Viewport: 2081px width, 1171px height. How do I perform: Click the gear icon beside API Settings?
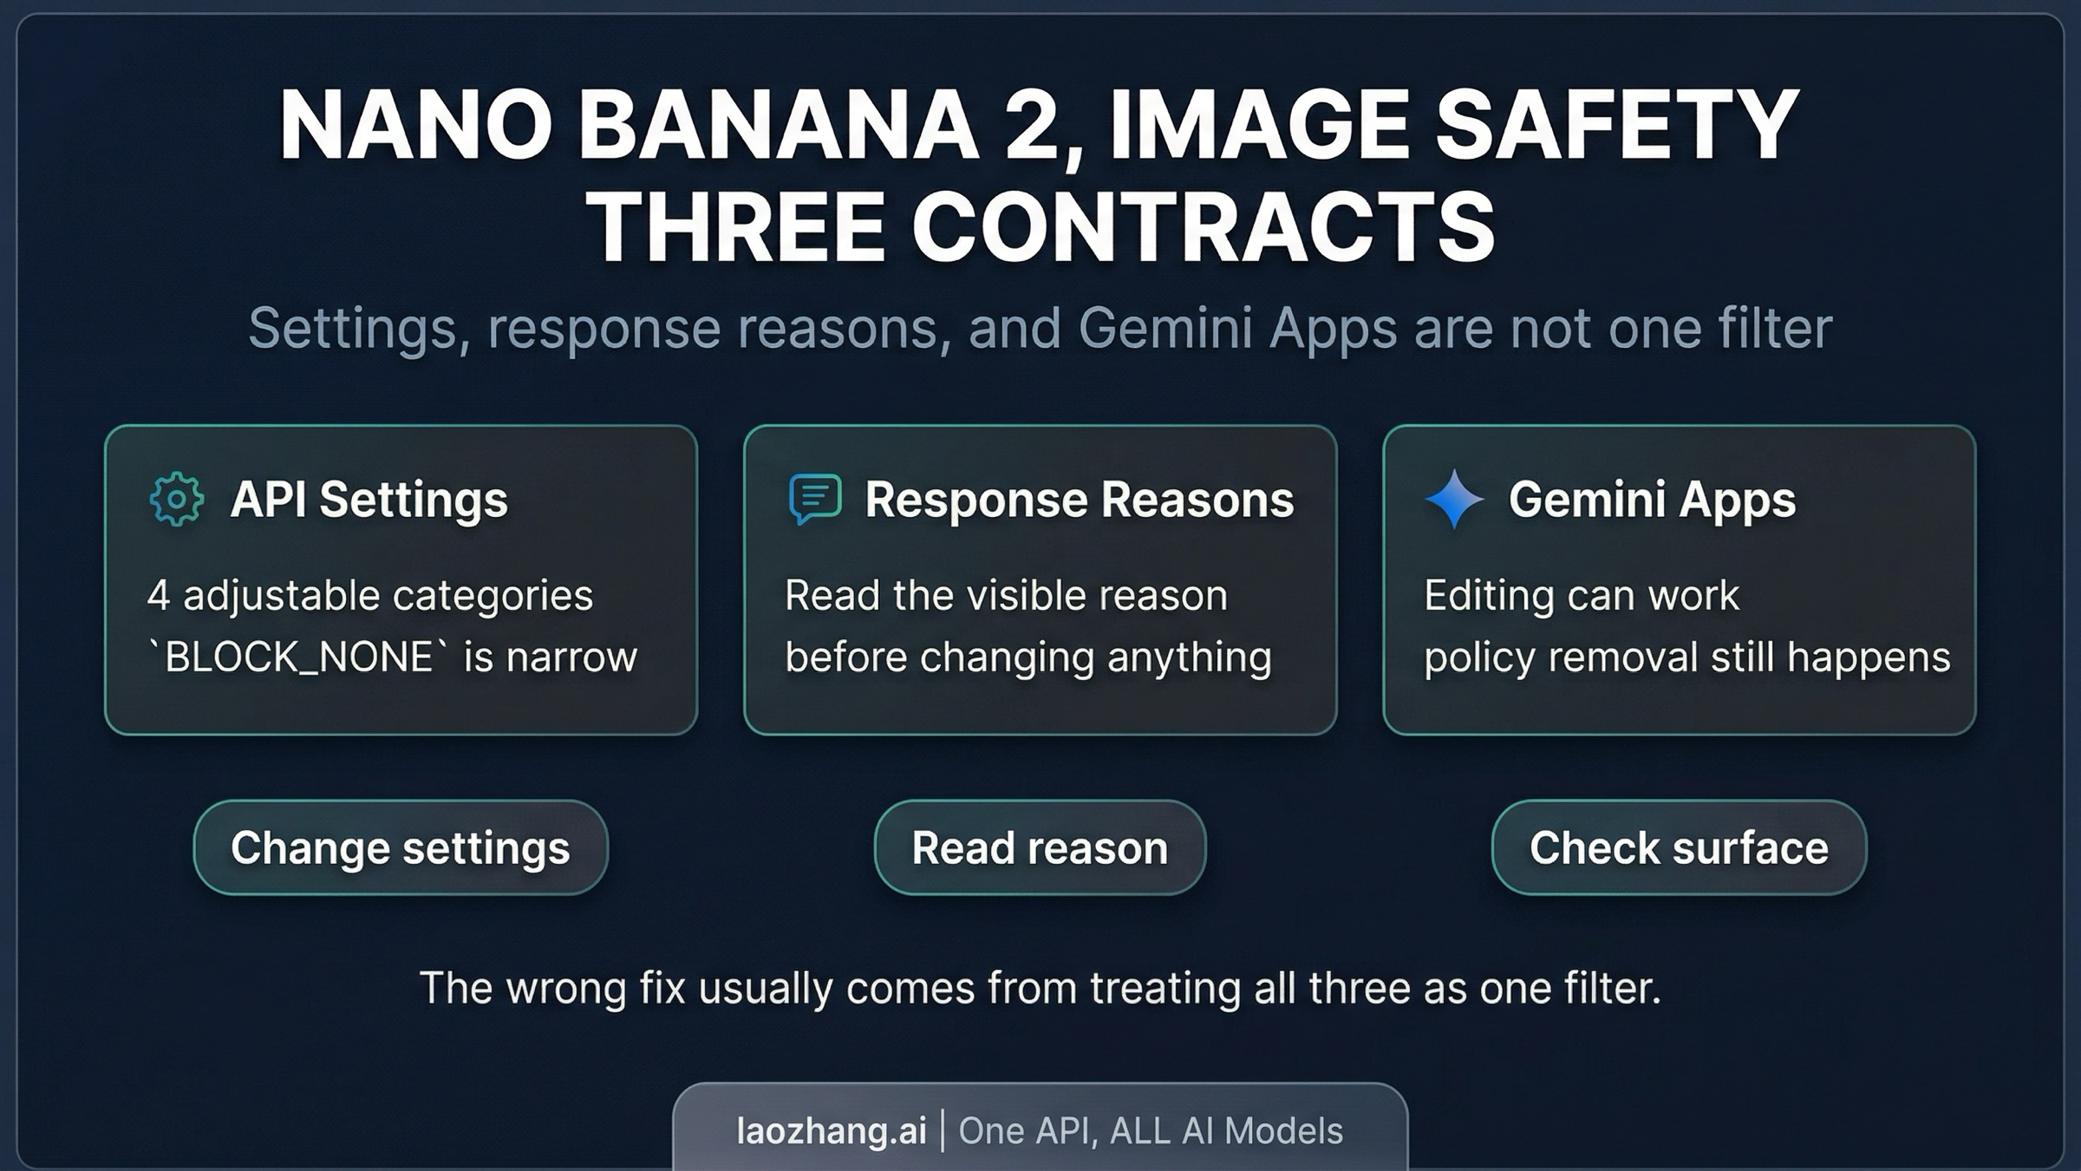pos(177,500)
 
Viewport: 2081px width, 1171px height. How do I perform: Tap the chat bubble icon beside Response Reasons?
pos(815,499)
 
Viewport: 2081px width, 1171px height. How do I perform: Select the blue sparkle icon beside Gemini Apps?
pos(1454,499)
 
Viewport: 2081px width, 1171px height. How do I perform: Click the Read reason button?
pos(1040,847)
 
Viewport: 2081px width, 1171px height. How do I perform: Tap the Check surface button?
pos(1679,847)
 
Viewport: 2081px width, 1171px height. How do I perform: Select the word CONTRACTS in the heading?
pos(1204,226)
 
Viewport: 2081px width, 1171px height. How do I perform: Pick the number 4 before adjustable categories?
pos(158,596)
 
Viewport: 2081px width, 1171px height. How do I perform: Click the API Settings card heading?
pos(369,500)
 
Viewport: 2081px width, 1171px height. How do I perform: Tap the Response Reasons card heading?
pos(1080,500)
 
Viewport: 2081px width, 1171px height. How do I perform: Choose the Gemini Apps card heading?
pos(1653,500)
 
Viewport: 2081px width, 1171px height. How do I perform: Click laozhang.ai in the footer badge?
pos(832,1131)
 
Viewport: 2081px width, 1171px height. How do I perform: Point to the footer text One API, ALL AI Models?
pos(1151,1131)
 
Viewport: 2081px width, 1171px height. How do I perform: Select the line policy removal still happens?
pos(1687,657)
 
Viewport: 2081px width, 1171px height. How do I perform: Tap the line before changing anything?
pos(1028,657)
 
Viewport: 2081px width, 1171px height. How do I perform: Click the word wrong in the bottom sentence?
pos(567,988)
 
